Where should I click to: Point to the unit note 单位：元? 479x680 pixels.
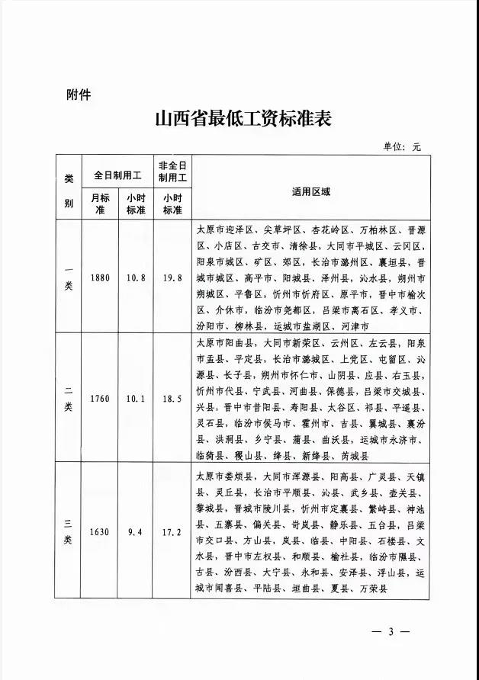tap(401, 146)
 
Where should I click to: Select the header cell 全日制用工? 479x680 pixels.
tap(117, 175)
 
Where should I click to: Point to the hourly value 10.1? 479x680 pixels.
tap(136, 397)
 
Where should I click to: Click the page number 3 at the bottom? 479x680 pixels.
tap(389, 632)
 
